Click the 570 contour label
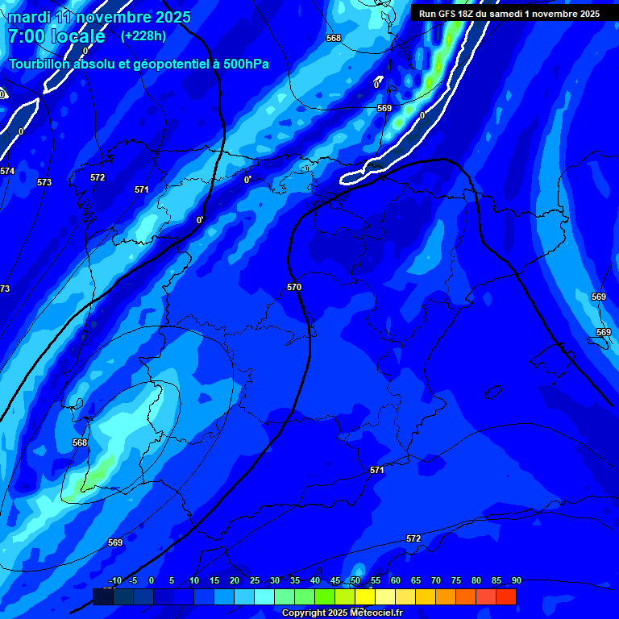294,287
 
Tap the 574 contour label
7,171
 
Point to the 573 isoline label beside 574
44,183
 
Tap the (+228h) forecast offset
143,36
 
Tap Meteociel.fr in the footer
376,613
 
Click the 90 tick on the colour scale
516,581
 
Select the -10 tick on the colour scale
115,581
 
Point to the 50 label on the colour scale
355,581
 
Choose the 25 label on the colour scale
254,581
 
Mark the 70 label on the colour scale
435,581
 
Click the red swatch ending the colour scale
506,596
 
